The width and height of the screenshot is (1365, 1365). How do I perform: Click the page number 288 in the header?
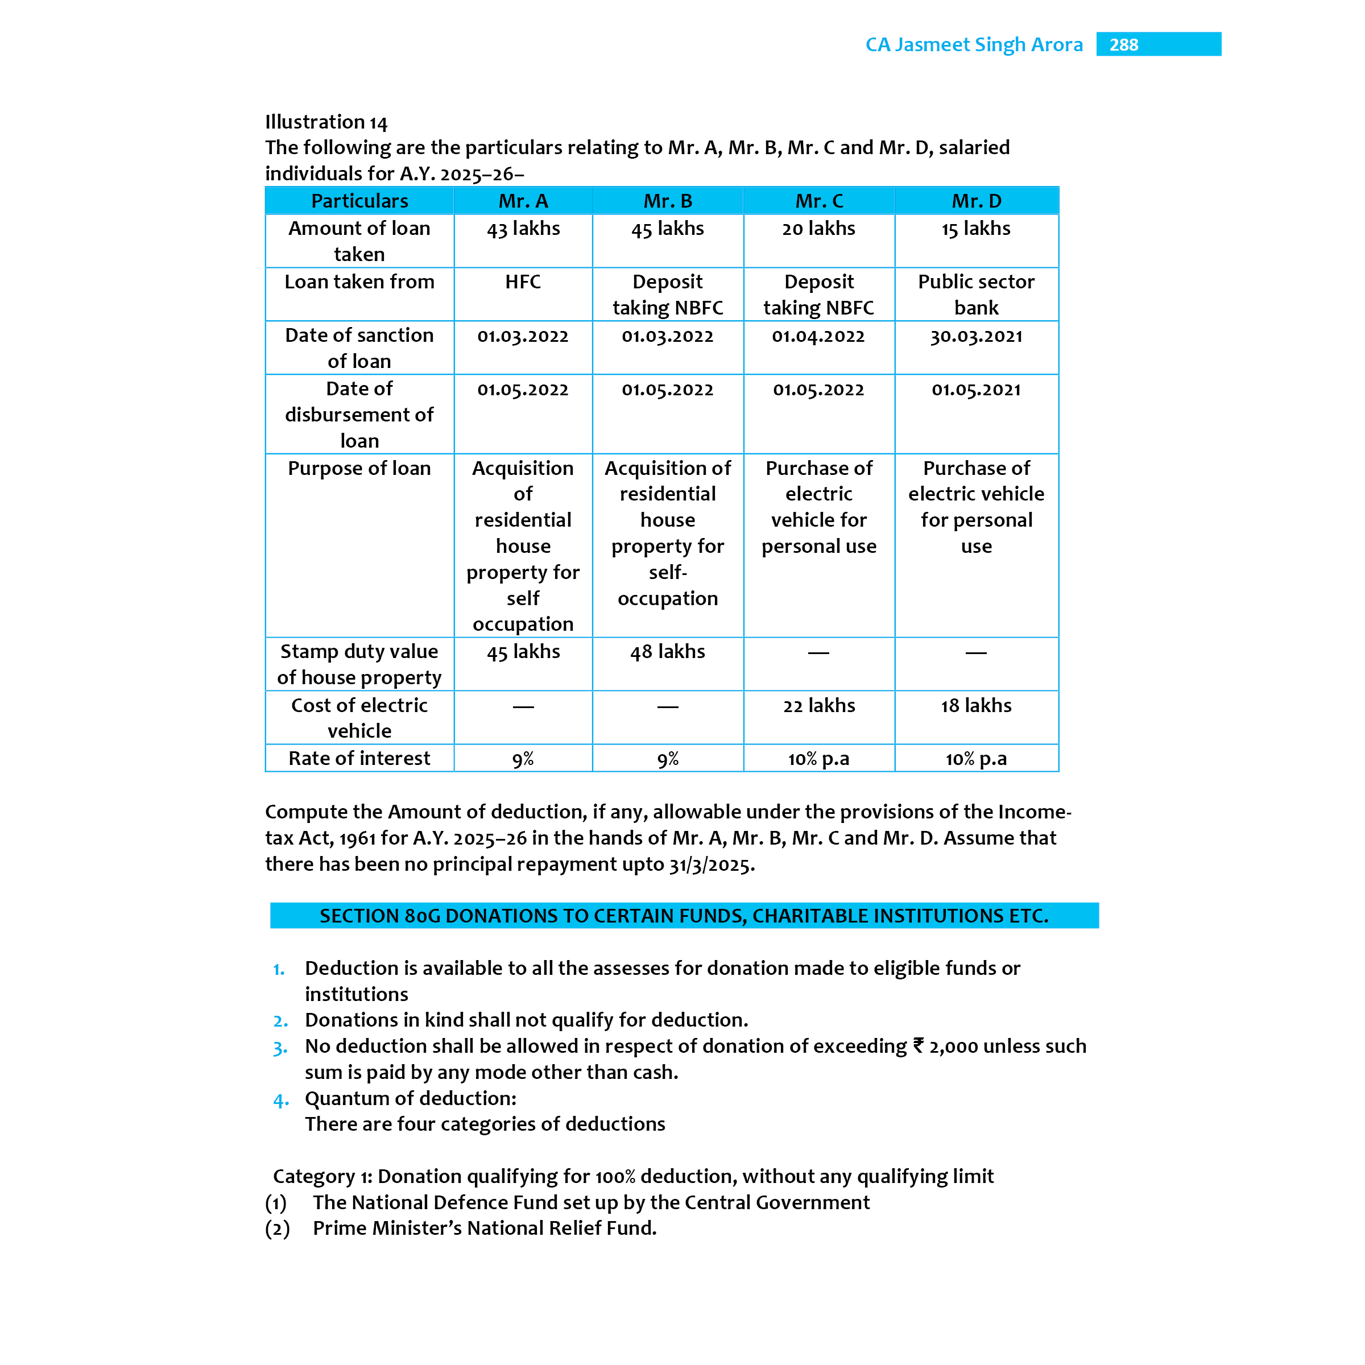(1123, 44)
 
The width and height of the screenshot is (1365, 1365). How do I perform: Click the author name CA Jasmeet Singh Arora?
(974, 44)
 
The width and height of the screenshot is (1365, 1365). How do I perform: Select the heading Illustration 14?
(326, 122)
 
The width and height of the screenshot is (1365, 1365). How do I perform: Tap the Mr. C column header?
(819, 201)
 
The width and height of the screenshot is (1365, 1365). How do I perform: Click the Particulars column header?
(359, 201)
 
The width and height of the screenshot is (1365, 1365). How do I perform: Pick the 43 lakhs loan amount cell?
(523, 229)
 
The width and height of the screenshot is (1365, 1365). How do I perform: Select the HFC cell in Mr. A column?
(523, 282)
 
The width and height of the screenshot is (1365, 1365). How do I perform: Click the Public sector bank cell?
(976, 295)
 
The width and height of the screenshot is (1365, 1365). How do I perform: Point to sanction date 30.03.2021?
(976, 336)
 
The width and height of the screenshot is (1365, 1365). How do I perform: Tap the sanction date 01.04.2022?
(818, 336)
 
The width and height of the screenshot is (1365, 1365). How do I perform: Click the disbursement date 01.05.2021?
(976, 390)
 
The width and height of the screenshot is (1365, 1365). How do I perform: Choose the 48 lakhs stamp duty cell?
(667, 651)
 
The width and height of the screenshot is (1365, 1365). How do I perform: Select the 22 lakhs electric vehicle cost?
(819, 706)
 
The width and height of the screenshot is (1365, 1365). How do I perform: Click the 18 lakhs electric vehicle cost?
(976, 706)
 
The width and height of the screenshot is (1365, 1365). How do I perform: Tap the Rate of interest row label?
(359, 759)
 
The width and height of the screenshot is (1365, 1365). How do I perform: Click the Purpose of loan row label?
(359, 469)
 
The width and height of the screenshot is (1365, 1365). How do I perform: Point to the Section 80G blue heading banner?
(683, 916)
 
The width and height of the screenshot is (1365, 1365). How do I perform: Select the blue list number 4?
(280, 1101)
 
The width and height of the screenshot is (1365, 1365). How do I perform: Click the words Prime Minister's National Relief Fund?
(485, 1228)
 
